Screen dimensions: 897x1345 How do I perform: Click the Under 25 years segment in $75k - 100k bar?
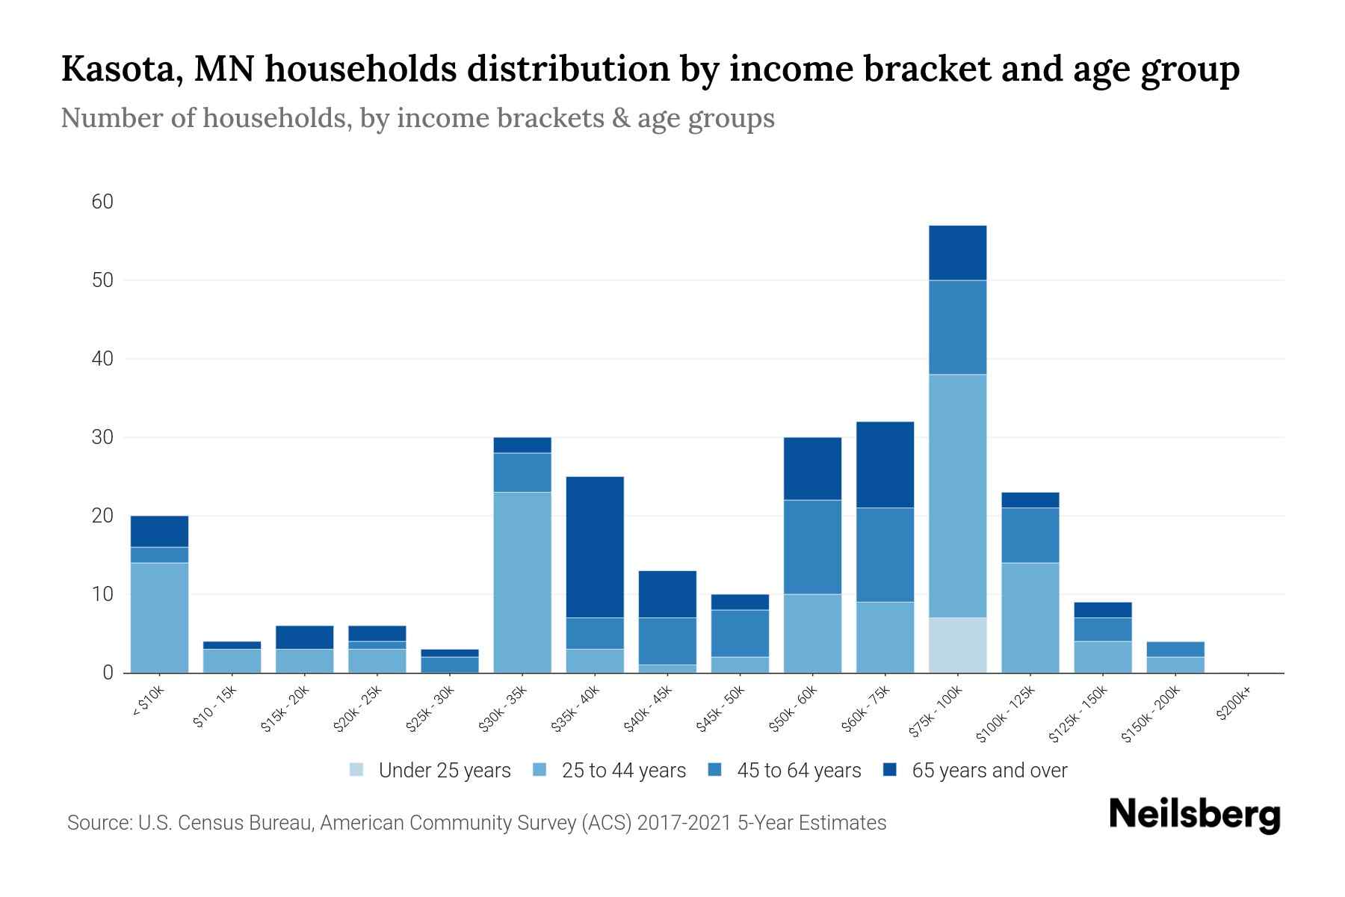point(957,645)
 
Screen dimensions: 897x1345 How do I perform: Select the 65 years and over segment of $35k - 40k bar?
point(595,547)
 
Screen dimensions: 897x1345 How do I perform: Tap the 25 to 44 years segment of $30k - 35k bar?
point(522,582)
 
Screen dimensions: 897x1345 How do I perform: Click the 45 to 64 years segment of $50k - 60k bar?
point(812,547)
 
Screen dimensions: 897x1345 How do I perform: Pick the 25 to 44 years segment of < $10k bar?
point(159,617)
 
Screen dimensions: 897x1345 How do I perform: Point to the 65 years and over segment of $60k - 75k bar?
point(885,465)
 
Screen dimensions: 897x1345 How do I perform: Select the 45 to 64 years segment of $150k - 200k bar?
point(1175,649)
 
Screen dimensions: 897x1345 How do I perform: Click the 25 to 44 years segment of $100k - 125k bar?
point(1030,617)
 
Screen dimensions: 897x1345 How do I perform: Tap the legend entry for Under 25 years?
point(445,771)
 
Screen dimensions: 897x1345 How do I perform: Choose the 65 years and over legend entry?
point(989,771)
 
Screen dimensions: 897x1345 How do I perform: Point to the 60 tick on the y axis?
point(102,202)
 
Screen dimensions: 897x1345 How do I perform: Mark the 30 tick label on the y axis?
point(102,437)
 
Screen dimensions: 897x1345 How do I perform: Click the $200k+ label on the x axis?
point(1234,705)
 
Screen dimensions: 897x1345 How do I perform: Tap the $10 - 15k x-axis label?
point(214,706)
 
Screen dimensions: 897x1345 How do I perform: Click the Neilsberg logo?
point(1194,816)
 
